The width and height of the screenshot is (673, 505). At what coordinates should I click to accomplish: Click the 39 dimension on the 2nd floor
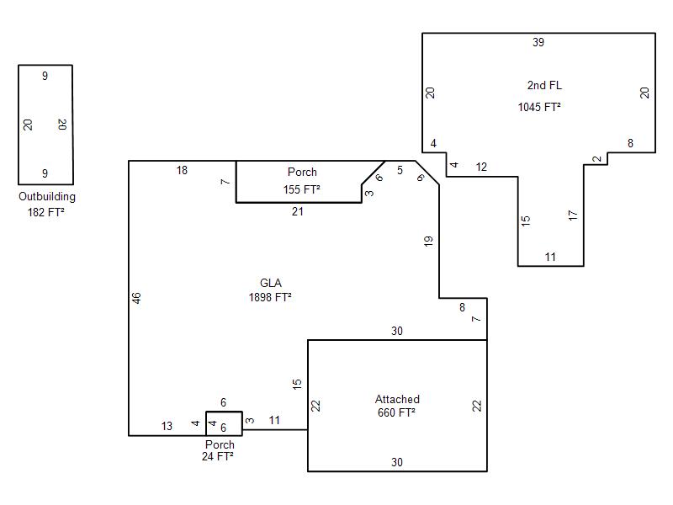point(538,42)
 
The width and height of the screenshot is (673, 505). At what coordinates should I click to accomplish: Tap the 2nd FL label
point(544,85)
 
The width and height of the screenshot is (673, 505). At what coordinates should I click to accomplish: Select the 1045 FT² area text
point(539,107)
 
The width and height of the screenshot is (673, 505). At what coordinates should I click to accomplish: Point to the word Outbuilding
point(47,197)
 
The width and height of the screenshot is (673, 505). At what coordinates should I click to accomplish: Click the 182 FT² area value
point(45,212)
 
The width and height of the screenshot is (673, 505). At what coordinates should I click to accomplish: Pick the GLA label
point(271,283)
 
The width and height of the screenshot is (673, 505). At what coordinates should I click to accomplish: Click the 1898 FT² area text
point(270,297)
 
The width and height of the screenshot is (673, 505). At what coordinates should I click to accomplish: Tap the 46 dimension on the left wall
point(136,298)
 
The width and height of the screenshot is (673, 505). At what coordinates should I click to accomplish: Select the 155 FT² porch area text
point(301,189)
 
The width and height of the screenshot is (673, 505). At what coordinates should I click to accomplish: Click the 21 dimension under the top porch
point(298,211)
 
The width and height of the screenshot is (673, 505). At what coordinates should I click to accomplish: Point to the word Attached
point(397,399)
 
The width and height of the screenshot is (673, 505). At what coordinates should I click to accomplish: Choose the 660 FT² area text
point(396,412)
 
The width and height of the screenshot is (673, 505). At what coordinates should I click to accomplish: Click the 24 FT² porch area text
point(218,456)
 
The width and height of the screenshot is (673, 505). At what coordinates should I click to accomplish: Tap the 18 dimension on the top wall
point(182,171)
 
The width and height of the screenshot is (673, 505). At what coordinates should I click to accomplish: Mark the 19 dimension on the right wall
point(428,242)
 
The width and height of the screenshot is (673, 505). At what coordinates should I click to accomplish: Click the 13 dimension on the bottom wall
point(167,426)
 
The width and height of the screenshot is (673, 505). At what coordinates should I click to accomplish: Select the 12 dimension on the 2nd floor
point(481,167)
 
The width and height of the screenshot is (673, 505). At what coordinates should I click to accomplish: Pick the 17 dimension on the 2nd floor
point(573,215)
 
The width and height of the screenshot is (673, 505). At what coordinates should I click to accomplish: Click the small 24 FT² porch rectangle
point(224,412)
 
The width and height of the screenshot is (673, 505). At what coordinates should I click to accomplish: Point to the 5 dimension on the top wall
point(400,171)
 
